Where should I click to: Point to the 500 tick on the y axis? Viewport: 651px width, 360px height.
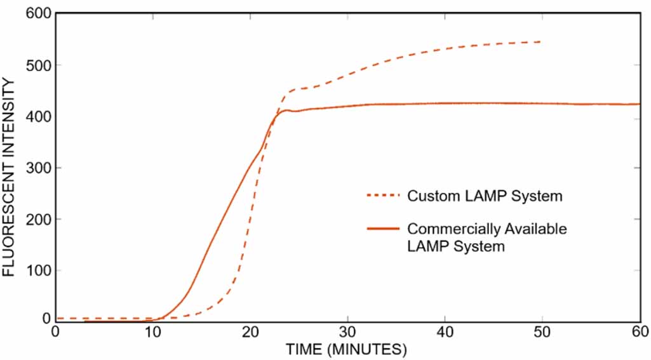(37, 65)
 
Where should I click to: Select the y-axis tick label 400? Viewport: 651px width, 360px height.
(37, 117)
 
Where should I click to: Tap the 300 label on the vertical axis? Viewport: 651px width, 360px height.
(37, 168)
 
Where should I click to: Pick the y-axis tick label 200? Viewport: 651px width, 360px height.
(37, 220)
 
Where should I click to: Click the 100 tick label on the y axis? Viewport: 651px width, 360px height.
(37, 271)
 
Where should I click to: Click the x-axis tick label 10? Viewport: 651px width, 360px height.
(153, 332)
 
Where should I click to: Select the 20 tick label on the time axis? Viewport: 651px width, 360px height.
(250, 332)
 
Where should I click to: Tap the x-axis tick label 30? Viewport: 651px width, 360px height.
(347, 332)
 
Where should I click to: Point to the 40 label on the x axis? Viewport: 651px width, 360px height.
(445, 332)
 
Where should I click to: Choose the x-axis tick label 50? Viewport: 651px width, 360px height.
(542, 332)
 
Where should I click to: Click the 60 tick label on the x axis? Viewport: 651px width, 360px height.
(640, 332)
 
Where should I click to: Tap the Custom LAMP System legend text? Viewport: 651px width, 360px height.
(485, 196)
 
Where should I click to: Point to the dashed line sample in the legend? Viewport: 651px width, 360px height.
(383, 196)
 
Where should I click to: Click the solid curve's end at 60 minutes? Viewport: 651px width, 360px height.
(639, 104)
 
